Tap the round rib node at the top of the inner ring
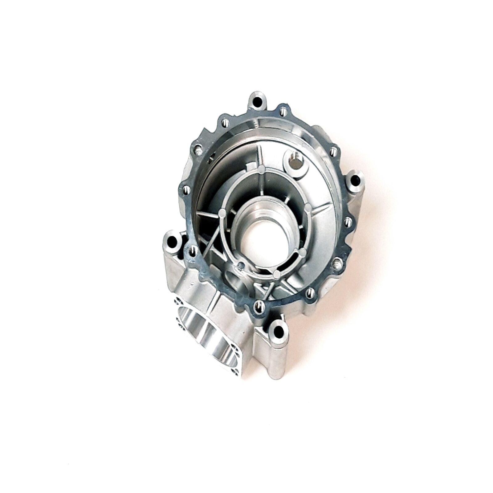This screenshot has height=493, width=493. (261, 169)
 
